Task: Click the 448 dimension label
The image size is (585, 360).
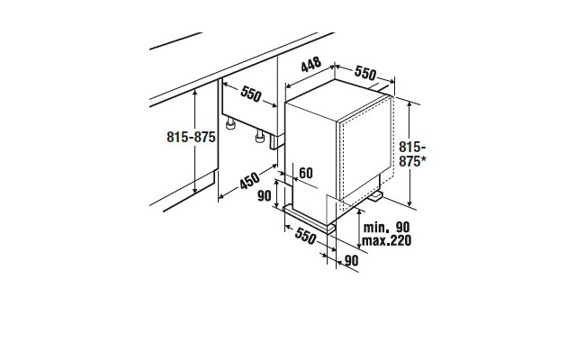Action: pos(311,65)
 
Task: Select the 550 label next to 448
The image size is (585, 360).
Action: pos(365,73)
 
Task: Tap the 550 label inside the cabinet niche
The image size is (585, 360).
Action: pos(251,94)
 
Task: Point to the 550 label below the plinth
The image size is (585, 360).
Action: pos(306,236)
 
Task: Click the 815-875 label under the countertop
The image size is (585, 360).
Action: pos(191,137)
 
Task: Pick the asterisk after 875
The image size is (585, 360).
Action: pos(423,160)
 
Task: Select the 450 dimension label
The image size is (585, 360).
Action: pos(249,181)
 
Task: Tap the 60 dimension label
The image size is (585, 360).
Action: pos(306,173)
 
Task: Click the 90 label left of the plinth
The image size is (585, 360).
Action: pos(264,195)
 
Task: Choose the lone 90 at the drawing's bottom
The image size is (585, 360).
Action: pos(351,260)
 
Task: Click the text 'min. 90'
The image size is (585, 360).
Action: pos(386,227)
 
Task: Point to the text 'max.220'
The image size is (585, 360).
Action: pos(386,240)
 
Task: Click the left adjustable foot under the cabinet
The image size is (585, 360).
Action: pos(230,123)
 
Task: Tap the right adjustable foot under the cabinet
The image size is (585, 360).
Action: pos(260,137)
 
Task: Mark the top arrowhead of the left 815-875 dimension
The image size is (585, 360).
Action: pos(194,93)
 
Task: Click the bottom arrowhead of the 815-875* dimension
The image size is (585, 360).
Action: pos(410,202)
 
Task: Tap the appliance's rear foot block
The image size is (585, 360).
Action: pos(375,196)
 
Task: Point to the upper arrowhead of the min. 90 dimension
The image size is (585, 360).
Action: pos(359,212)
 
